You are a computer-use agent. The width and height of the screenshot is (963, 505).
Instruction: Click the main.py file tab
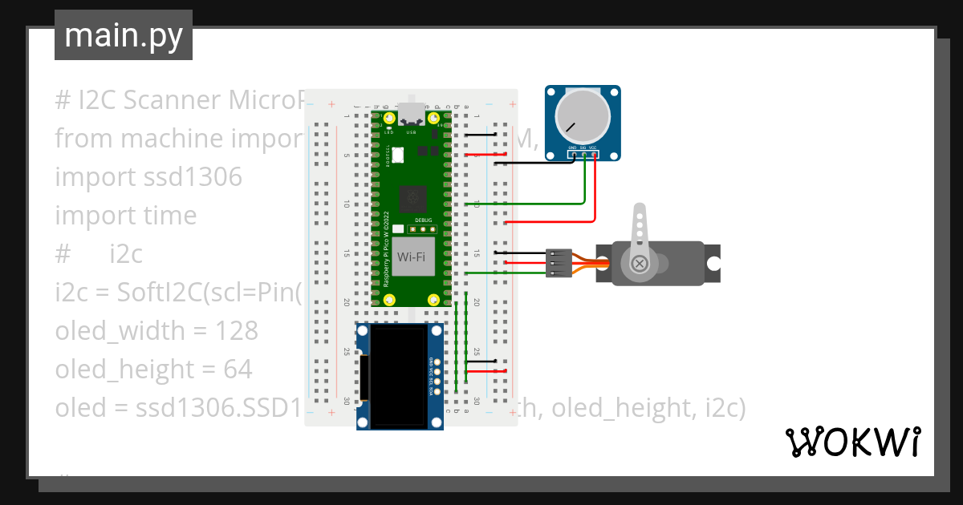tap(123, 35)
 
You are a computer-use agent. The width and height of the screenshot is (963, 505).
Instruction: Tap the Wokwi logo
tap(852, 442)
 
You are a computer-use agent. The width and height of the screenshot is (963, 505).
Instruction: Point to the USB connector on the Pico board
tap(412, 115)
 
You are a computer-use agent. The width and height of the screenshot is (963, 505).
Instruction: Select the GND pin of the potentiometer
tap(573, 154)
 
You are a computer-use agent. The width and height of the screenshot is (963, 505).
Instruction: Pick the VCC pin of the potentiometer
tap(594, 154)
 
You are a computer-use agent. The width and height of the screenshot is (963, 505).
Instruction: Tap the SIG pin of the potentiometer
tap(583, 154)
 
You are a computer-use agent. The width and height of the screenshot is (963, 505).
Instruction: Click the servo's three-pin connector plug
tap(559, 263)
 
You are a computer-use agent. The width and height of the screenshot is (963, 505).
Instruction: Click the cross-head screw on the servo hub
tap(640, 263)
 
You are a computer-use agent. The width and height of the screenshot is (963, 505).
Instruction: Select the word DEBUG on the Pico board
tap(424, 220)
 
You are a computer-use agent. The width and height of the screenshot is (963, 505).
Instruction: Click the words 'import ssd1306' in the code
tap(148, 177)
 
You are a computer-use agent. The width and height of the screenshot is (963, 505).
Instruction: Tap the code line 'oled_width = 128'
tap(156, 331)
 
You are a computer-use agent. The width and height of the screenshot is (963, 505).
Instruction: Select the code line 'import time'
tap(125, 216)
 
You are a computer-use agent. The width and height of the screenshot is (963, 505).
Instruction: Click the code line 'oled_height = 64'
tap(153, 370)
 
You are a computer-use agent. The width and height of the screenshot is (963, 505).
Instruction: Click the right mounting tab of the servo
tap(713, 263)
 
